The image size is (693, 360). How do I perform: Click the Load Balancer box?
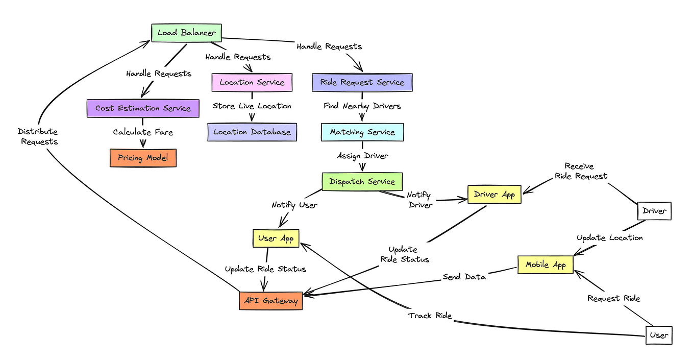(x=186, y=33)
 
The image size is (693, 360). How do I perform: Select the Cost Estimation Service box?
(x=142, y=108)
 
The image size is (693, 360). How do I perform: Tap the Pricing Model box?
(x=143, y=158)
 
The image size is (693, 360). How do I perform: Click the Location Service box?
(x=252, y=82)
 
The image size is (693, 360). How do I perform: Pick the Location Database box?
(x=252, y=132)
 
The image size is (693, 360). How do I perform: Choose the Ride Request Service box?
(x=362, y=82)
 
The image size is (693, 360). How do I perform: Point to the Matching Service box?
(x=362, y=132)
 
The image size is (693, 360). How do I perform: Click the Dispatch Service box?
(x=362, y=181)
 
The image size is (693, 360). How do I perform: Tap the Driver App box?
(x=494, y=195)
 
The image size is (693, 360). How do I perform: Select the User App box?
(x=276, y=238)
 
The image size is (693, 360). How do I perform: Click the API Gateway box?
(x=270, y=301)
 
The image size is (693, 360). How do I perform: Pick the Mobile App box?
(x=546, y=265)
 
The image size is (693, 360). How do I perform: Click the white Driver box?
(x=654, y=211)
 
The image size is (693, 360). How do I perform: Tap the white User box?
(x=658, y=335)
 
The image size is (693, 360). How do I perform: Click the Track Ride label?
(x=430, y=316)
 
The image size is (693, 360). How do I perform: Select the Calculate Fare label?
(x=143, y=132)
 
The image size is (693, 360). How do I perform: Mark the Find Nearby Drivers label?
(x=362, y=106)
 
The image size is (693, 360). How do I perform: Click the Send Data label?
(x=464, y=277)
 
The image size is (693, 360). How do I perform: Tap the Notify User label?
(x=294, y=205)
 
